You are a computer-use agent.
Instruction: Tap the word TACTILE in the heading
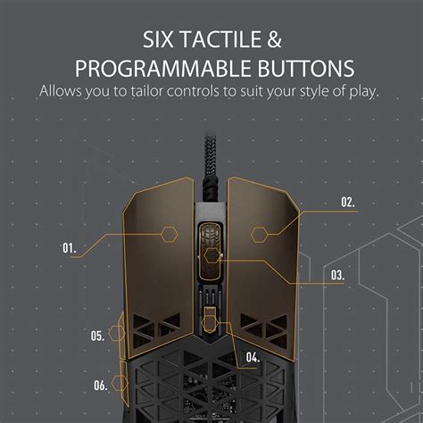pos(224,39)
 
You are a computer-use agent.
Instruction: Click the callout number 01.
pos(70,247)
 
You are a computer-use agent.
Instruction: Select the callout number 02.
pos(347,203)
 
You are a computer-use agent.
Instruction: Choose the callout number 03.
pos(336,276)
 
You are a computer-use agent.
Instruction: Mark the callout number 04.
pos(253,358)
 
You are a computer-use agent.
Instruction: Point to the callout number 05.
pos(97,336)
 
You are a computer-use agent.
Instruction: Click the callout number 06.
pos(100,385)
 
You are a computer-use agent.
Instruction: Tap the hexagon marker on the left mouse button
pos(169,235)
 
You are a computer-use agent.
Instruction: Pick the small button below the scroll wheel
pos(211,320)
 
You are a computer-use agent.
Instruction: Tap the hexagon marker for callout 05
pos(117,335)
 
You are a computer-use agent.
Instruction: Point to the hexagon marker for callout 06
pos(121,384)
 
